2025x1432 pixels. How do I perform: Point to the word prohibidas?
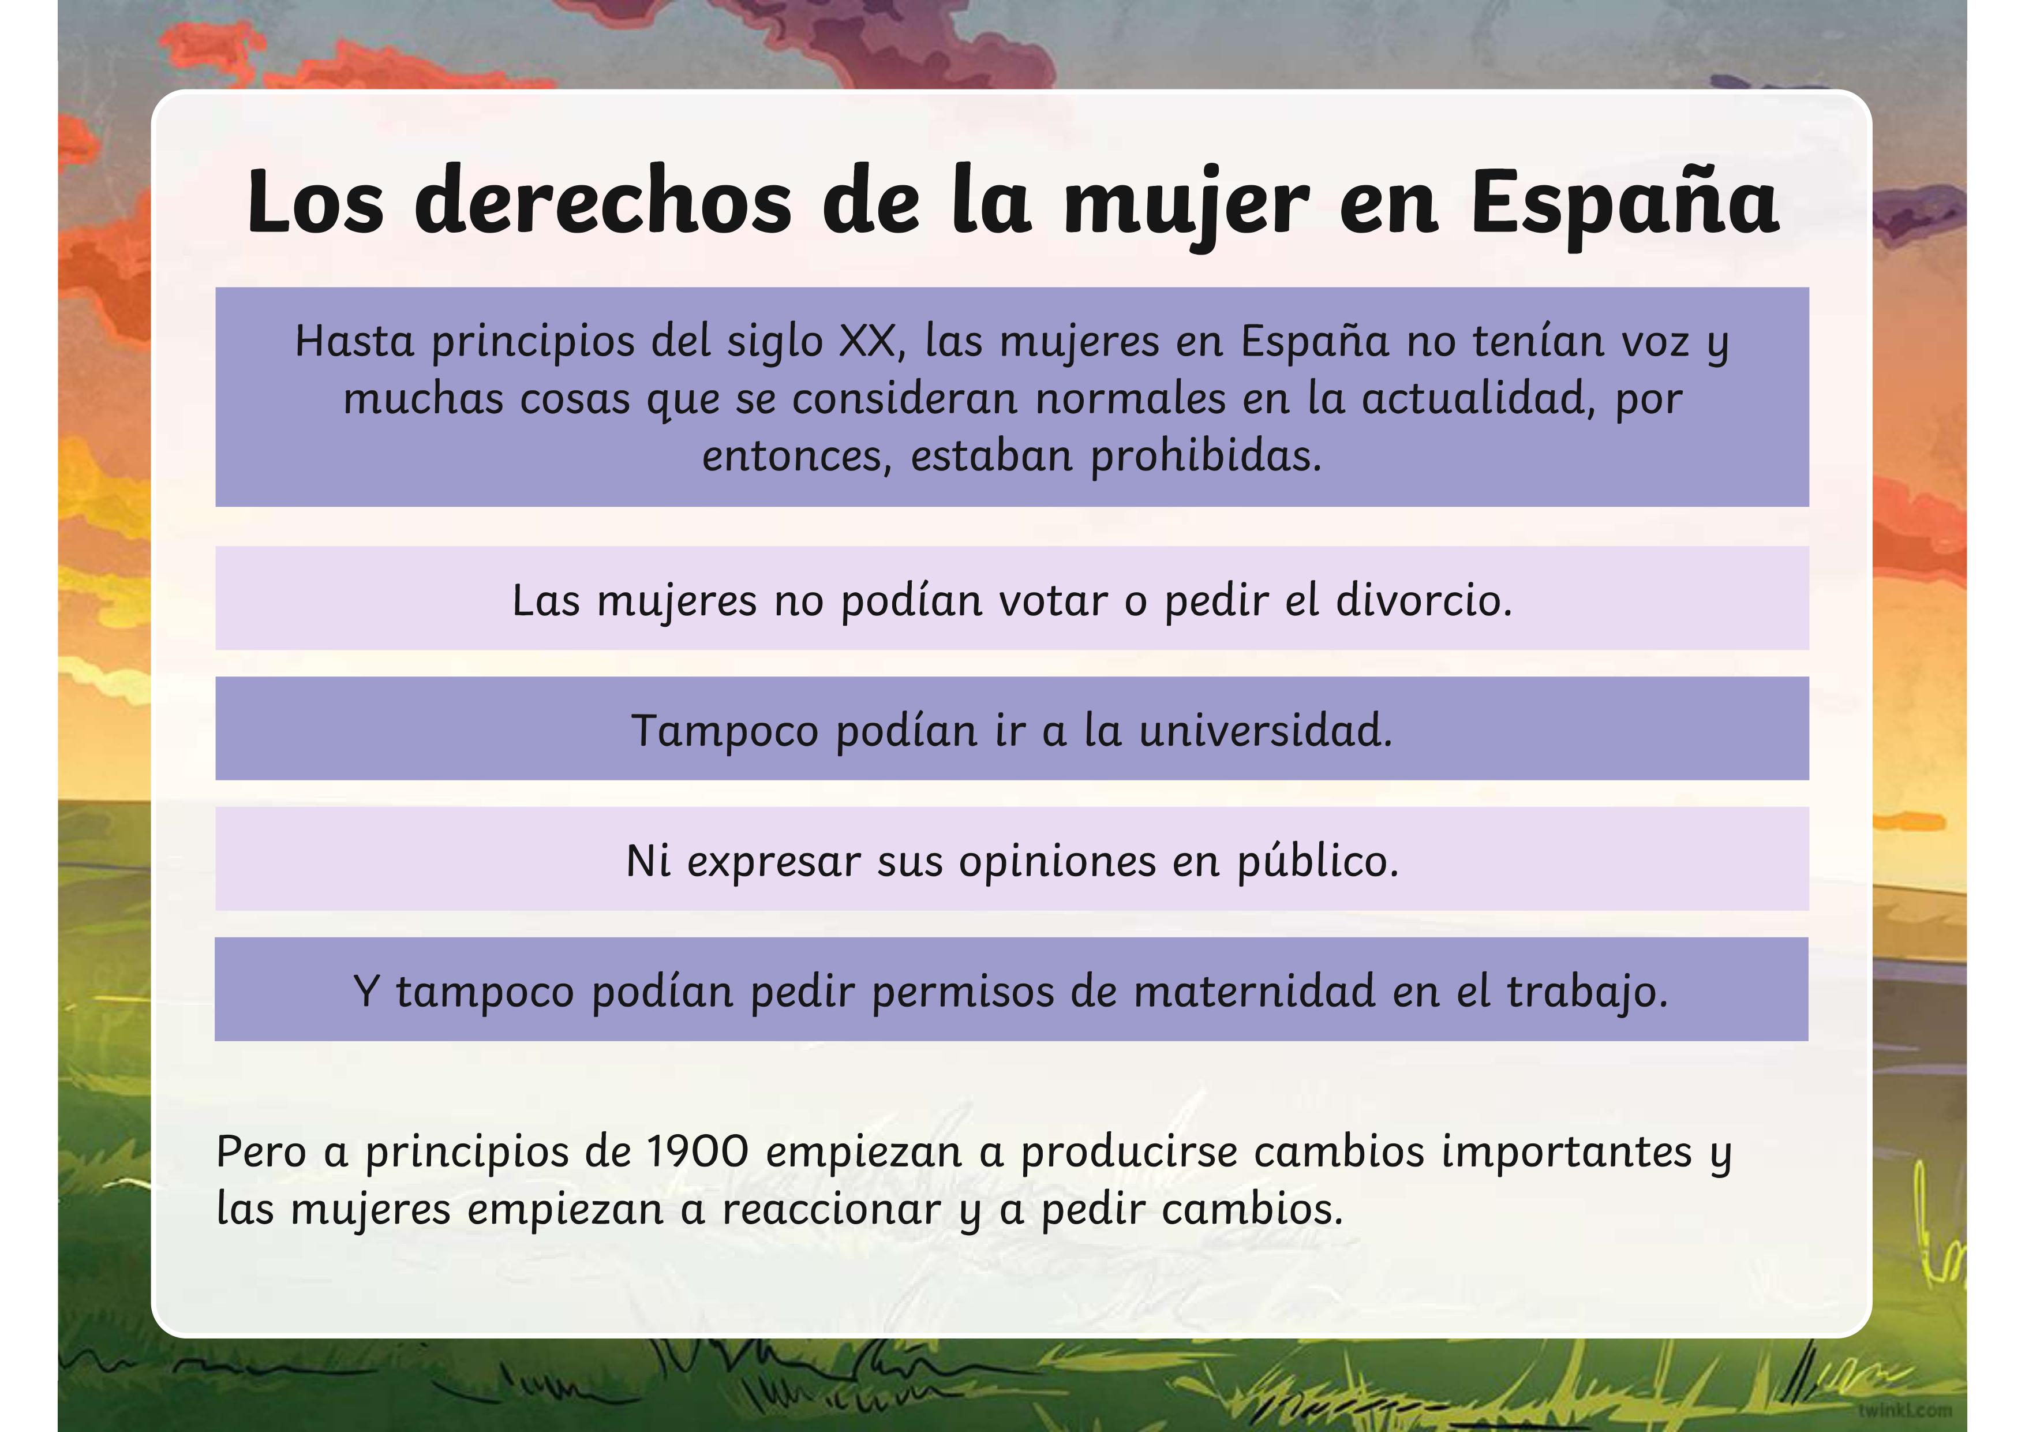click(1206, 455)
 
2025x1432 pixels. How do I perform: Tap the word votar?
click(1053, 601)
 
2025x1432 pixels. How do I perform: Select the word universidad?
click(1266, 731)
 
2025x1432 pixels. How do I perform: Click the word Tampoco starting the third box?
click(725, 732)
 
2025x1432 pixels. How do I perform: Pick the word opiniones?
click(1057, 862)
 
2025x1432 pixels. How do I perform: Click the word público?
click(1317, 861)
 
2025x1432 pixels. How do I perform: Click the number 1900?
click(698, 1151)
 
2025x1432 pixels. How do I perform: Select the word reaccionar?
click(832, 1210)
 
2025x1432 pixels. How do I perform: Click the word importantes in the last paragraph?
click(1566, 1151)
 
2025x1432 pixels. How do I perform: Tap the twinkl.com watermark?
click(1904, 1410)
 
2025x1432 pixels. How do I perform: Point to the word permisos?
click(963, 993)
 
